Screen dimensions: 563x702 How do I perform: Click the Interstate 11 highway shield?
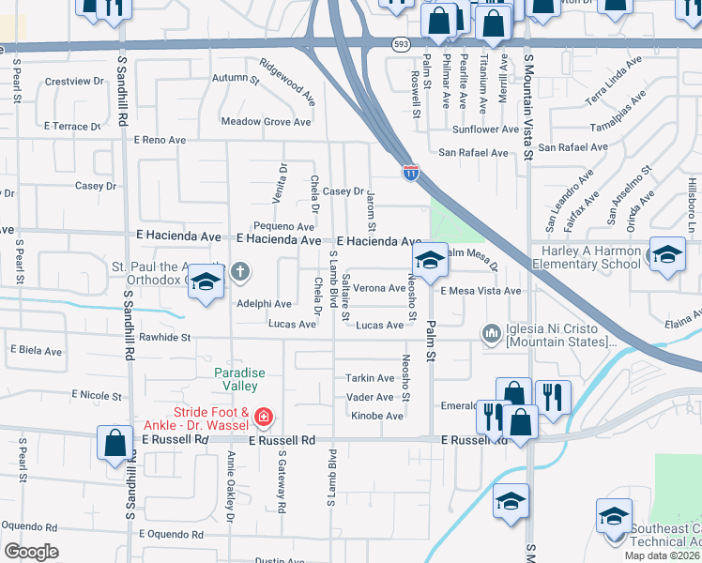coord(411,172)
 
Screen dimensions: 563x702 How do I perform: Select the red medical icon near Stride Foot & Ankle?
coord(265,415)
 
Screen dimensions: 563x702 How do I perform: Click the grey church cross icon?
coord(240,272)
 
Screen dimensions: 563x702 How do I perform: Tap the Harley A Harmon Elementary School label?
coord(586,258)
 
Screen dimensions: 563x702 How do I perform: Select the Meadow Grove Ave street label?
coord(266,122)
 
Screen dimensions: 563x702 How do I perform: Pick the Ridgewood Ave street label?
coord(288,82)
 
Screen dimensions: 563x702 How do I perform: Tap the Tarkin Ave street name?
coord(371,378)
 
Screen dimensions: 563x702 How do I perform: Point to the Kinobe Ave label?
coord(371,415)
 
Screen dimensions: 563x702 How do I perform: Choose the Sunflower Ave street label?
coord(485,129)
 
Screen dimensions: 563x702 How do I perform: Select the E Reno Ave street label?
coord(160,140)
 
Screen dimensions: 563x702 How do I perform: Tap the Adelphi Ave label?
coord(264,304)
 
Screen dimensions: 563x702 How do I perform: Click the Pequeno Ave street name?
coord(283,227)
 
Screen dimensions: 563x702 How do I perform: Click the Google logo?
coord(31,551)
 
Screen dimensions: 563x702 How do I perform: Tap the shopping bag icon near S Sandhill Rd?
coord(114,443)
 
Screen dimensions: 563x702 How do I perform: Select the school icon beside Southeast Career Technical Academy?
coord(614,518)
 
